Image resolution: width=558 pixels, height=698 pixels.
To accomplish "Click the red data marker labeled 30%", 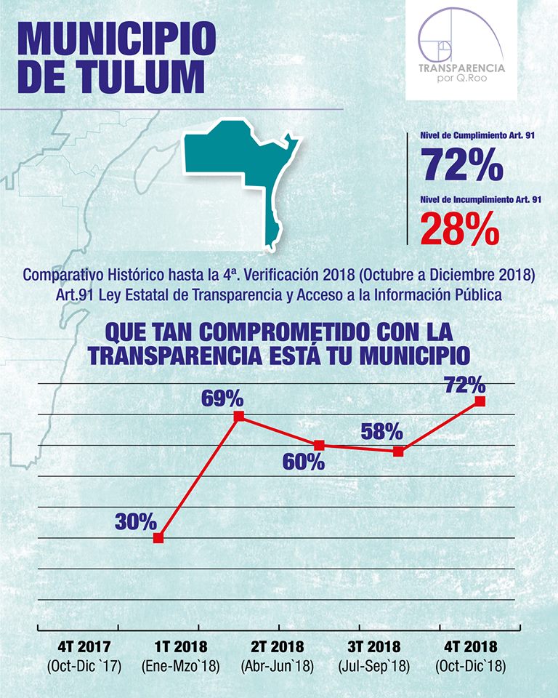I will point(158,538).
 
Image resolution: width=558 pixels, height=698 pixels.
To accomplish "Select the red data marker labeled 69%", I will point(238,417).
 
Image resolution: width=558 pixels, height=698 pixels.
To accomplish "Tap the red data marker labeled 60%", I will point(319,445).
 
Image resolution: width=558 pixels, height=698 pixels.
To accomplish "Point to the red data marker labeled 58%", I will point(398,452).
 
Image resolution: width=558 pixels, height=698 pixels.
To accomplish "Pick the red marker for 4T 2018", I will point(480,401).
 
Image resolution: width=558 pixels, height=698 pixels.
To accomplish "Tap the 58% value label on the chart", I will point(381,432).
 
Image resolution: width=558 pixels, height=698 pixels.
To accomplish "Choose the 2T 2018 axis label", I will point(278,646).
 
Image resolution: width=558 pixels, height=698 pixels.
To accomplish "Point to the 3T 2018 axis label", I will point(375,646).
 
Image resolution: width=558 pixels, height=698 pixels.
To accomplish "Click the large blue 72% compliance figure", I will point(461,165).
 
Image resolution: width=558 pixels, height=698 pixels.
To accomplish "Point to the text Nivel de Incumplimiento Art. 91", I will point(481,199).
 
